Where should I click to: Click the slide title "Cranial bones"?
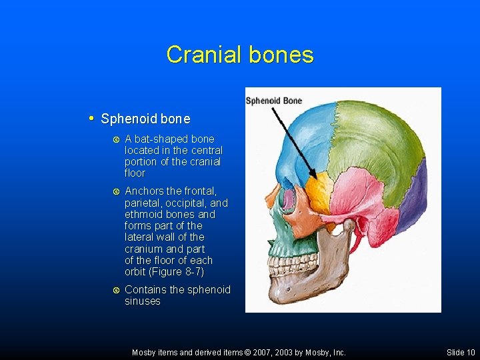point(239,54)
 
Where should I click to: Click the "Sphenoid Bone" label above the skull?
point(274,101)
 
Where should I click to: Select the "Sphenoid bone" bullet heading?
point(145,119)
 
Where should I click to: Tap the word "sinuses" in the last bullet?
point(143,301)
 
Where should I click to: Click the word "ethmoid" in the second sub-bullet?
point(144,215)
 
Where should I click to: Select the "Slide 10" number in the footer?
point(461,352)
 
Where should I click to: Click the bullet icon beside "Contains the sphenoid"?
point(116,290)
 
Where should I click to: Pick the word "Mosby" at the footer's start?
point(144,352)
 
